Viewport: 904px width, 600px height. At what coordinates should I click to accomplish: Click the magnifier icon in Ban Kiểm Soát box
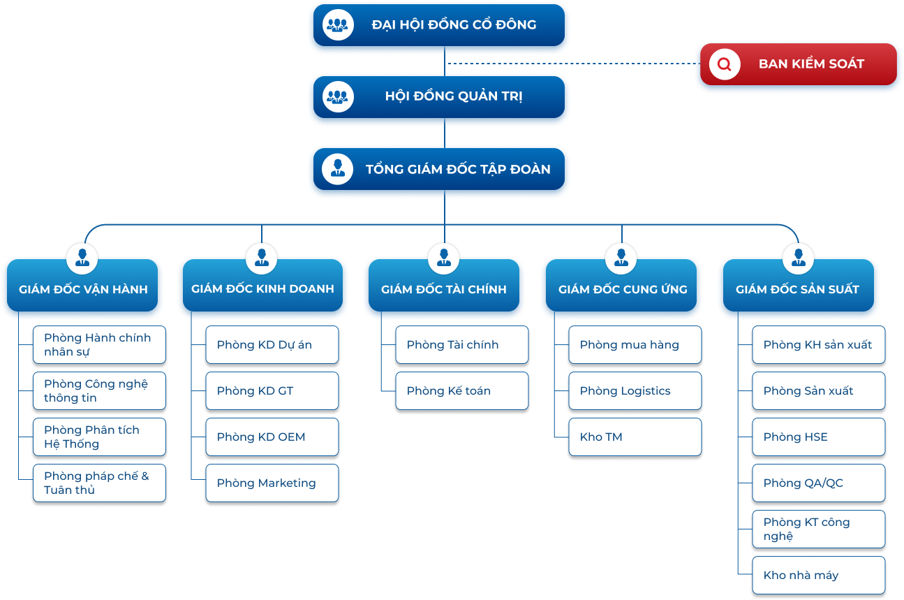[725, 64]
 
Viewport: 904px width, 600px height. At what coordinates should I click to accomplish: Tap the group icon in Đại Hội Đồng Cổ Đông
[338, 25]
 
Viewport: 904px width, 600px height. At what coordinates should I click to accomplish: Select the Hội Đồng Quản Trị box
[438, 97]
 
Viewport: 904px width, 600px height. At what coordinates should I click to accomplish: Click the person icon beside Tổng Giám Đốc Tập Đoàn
[337, 169]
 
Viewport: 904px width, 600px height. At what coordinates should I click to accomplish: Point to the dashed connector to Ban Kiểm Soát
[574, 64]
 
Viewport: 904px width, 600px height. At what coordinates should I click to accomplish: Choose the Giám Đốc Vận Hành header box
[82, 285]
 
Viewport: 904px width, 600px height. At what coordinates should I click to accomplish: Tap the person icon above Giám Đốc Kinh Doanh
[262, 258]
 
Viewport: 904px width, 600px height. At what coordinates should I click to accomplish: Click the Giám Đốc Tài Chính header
[443, 285]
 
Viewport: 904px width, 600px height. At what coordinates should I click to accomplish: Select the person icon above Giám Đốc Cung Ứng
[621, 258]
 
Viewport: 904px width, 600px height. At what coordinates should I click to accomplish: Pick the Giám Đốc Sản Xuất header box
[799, 285]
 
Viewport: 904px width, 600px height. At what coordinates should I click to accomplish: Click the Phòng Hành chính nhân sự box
[99, 345]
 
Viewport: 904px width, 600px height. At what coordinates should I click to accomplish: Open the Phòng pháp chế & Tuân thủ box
[99, 483]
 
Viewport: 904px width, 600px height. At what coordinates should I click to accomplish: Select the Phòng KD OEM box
[272, 437]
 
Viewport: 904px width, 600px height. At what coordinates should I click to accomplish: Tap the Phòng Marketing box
[272, 483]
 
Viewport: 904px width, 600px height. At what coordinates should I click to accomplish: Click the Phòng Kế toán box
[462, 391]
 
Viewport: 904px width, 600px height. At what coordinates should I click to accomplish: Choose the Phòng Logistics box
[635, 391]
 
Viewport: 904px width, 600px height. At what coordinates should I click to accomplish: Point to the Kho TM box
[635, 437]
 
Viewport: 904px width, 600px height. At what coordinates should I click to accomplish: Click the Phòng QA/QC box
[819, 483]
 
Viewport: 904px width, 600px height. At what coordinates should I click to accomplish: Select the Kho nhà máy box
[819, 575]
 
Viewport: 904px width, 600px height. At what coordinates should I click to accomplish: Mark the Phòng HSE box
[819, 437]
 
